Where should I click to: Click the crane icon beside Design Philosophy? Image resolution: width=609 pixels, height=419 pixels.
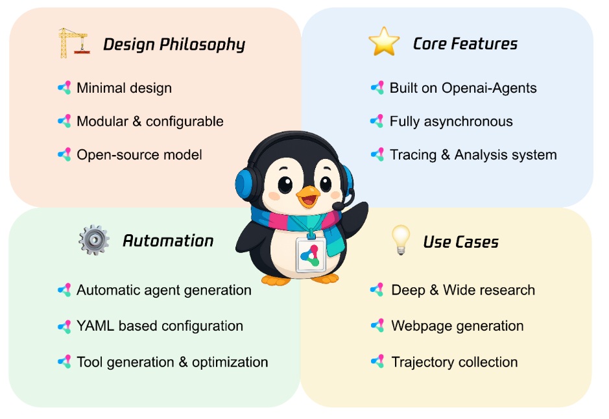pos(74,43)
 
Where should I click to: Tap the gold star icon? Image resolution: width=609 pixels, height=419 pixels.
pos(384,42)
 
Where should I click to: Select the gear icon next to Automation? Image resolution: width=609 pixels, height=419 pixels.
pos(93,240)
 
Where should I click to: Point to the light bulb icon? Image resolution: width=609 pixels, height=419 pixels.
pos(400,239)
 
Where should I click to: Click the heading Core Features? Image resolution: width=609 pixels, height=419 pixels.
pos(465,43)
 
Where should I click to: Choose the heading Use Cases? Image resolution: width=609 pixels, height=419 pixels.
pos(460,242)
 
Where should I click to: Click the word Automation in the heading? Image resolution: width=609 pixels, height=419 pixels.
pos(168,241)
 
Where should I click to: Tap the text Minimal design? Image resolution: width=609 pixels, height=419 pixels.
pos(124,88)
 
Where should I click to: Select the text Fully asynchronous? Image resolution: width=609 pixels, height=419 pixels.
pos(451,121)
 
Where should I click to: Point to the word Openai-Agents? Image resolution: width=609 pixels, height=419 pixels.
pos(489,88)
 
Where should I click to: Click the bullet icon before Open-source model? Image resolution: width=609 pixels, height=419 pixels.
pos(64,154)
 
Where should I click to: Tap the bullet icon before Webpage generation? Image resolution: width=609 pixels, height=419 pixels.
pos(377,326)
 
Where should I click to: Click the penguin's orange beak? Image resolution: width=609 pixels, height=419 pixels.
pos(308,195)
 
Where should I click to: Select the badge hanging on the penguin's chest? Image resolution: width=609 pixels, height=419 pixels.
pos(310,255)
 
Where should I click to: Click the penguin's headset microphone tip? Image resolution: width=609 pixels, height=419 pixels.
pos(337,206)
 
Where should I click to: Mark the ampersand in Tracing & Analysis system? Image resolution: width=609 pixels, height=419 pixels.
pos(446,155)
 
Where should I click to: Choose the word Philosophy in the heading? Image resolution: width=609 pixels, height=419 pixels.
pos(202,45)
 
